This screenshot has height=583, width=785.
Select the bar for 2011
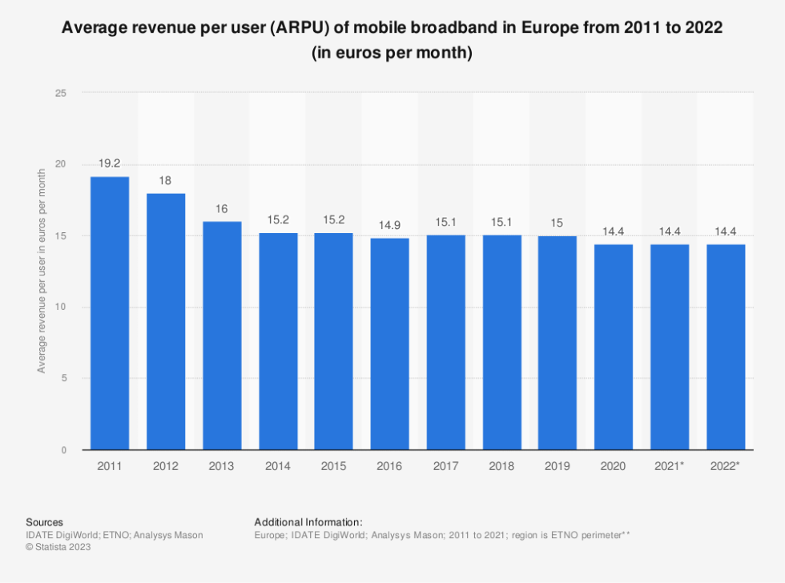[110, 313]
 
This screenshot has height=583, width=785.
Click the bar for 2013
[222, 336]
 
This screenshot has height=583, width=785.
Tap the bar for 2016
[389, 344]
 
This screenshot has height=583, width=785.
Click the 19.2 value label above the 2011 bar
[110, 163]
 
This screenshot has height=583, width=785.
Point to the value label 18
[166, 180]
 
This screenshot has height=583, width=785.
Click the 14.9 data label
[389, 225]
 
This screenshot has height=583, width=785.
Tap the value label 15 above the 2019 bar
[558, 223]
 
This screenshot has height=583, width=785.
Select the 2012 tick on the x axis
[166, 465]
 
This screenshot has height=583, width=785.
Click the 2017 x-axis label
[445, 465]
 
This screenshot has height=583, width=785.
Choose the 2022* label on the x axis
[726, 465]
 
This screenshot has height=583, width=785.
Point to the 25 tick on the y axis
[61, 93]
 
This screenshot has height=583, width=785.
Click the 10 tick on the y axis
[61, 308]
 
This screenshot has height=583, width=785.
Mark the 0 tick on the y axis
[63, 450]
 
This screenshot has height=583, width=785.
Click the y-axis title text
[41, 271]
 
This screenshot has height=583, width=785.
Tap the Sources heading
[44, 522]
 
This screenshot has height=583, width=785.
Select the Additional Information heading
[308, 522]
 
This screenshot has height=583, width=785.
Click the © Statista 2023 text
[58, 547]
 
